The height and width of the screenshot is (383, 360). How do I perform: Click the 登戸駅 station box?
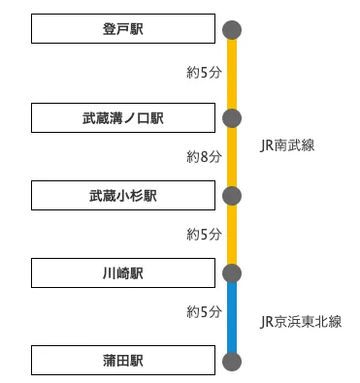122,30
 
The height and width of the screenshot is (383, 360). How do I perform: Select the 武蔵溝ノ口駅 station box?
122,118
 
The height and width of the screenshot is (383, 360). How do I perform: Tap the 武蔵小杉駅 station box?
122,196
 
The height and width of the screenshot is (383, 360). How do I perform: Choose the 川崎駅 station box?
122,273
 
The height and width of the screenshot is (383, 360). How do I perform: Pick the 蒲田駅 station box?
122,362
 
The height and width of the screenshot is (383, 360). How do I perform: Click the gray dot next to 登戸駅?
232,30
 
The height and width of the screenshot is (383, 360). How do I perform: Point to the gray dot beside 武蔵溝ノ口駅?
232,118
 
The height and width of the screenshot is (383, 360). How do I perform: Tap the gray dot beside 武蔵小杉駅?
232,196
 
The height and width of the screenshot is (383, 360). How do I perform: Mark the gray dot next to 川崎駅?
232,273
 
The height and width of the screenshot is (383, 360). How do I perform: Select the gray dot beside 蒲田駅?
232,362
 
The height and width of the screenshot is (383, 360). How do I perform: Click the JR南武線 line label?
288,146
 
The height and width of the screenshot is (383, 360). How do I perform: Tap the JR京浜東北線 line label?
302,321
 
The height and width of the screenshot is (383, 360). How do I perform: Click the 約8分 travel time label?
204,156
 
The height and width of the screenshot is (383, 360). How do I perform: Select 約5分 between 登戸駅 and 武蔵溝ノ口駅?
204,72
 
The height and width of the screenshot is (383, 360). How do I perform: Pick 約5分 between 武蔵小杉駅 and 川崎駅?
204,234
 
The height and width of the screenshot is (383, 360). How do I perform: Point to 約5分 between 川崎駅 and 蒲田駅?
204,312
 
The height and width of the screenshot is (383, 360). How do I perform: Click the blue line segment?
232,318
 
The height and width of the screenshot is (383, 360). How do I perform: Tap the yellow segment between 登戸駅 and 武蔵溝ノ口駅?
232,74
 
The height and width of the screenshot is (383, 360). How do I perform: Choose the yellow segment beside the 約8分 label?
232,157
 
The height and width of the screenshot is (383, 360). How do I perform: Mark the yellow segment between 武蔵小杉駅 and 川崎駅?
232,235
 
